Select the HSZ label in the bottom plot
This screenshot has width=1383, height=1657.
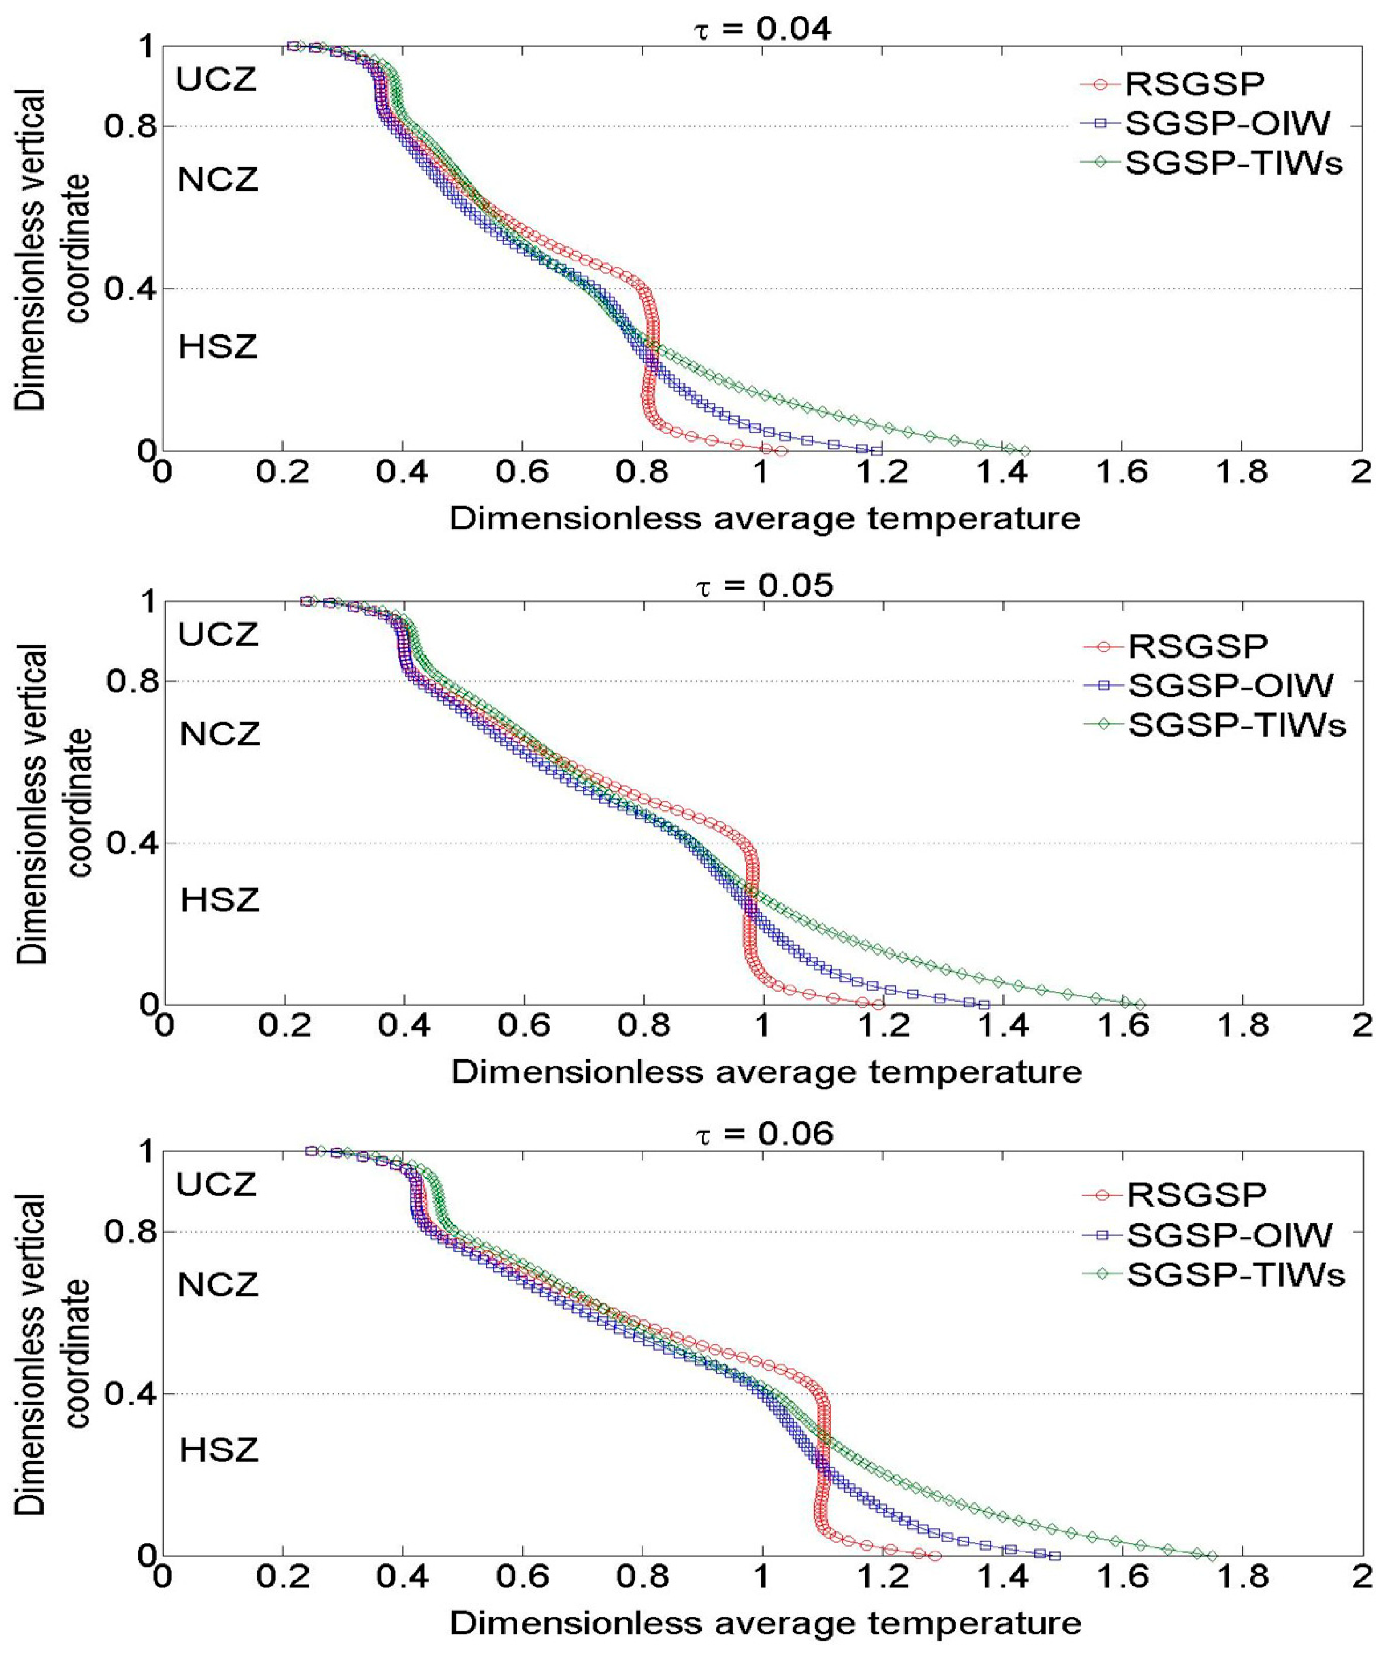219,1450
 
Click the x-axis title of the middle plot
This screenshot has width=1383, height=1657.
765,1071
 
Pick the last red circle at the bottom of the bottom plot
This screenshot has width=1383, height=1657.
936,1556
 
